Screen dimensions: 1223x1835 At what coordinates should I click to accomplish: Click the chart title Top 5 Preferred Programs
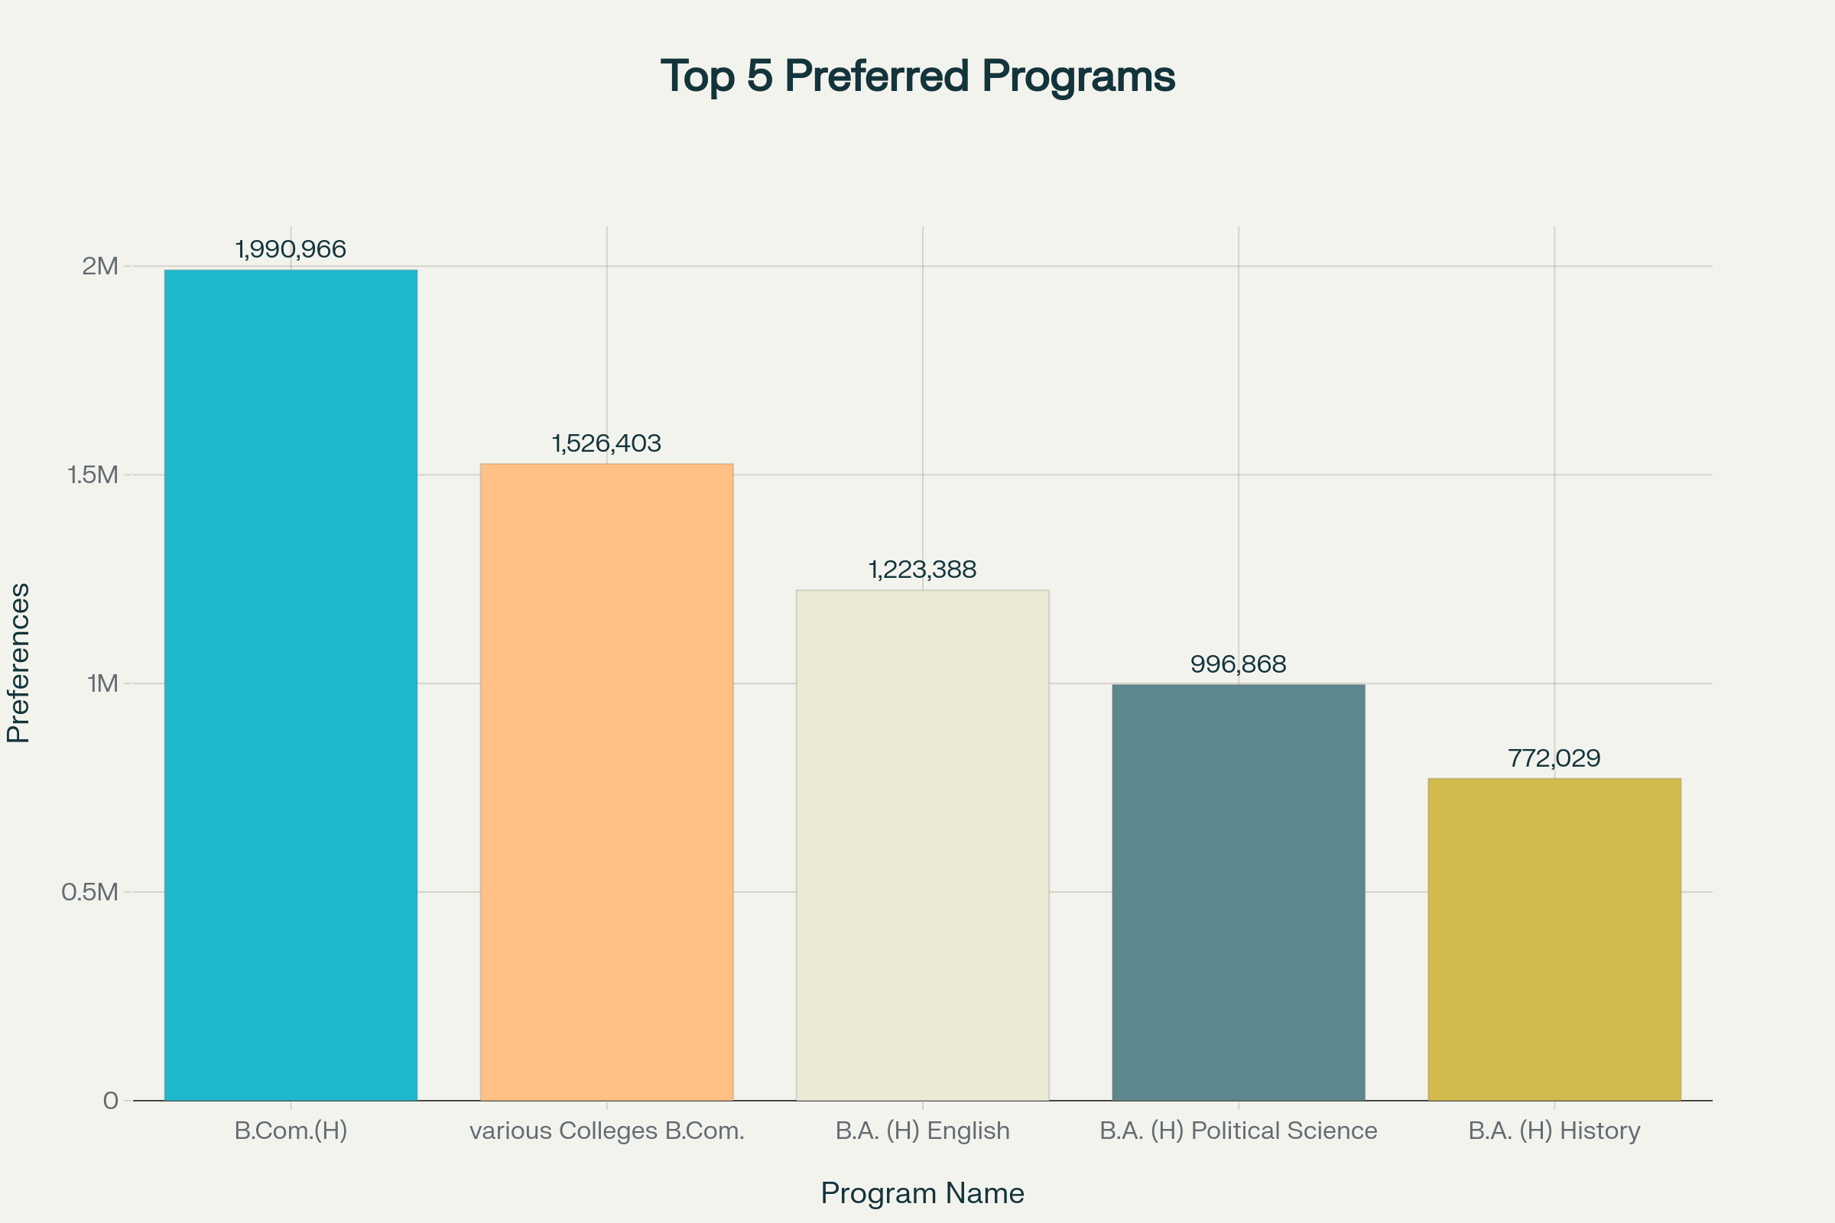click(917, 76)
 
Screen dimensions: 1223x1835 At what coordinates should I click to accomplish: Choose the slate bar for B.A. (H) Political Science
click(1238, 892)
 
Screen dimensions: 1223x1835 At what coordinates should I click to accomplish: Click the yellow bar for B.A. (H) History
click(1554, 939)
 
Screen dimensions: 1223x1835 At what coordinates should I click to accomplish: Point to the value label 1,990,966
click(291, 250)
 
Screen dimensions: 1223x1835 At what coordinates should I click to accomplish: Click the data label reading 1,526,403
click(606, 444)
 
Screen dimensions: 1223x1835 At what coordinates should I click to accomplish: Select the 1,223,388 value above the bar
click(922, 570)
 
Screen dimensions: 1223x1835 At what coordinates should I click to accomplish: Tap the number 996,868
click(1238, 664)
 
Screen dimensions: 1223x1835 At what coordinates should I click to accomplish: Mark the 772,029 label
click(1554, 758)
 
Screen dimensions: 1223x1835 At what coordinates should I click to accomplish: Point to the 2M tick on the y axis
click(100, 267)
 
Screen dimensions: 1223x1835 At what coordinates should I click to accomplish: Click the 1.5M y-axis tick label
click(93, 475)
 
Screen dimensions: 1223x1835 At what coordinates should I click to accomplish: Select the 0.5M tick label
click(89, 891)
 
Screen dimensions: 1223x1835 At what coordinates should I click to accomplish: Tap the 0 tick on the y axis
click(111, 1101)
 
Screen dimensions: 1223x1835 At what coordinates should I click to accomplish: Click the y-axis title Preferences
click(18, 663)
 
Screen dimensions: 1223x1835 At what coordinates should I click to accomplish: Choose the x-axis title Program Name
click(922, 1193)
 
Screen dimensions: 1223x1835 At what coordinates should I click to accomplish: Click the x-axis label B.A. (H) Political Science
click(1238, 1131)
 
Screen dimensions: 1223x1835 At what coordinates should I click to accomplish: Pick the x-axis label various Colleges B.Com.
click(606, 1131)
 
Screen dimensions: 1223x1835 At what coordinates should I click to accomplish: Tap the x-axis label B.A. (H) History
click(1554, 1131)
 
